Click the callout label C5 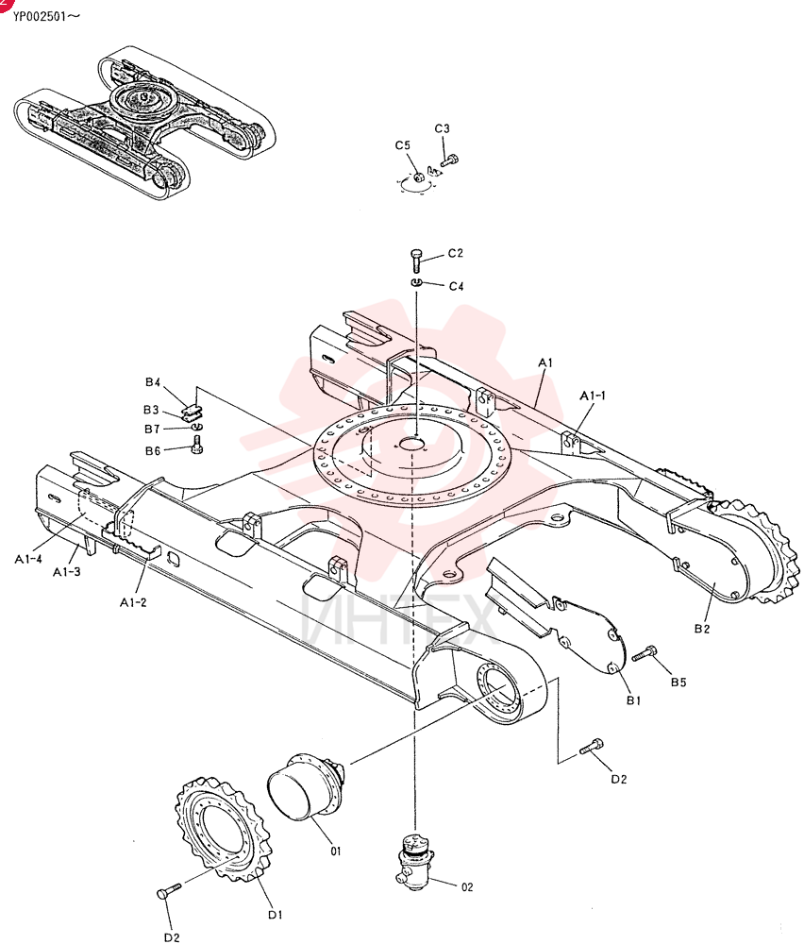pos(403,145)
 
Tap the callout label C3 pos(442,128)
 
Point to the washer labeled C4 pos(417,282)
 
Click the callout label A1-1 pos(593,396)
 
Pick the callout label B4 pos(153,382)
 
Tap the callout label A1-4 pos(28,559)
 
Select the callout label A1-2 pos(133,602)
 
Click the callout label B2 pos(702,629)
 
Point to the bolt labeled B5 pos(645,653)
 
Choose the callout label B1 pos(634,700)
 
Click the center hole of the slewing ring pos(412,445)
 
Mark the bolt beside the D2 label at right pos(591,747)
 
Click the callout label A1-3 pos(66,571)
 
